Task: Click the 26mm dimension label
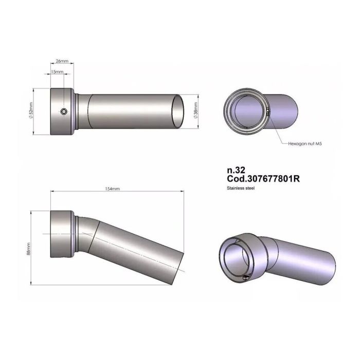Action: coord(62,61)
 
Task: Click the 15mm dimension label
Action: coord(57,73)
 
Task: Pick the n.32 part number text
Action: coord(234,169)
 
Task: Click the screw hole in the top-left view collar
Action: coord(63,112)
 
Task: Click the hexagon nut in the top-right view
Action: coord(267,109)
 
